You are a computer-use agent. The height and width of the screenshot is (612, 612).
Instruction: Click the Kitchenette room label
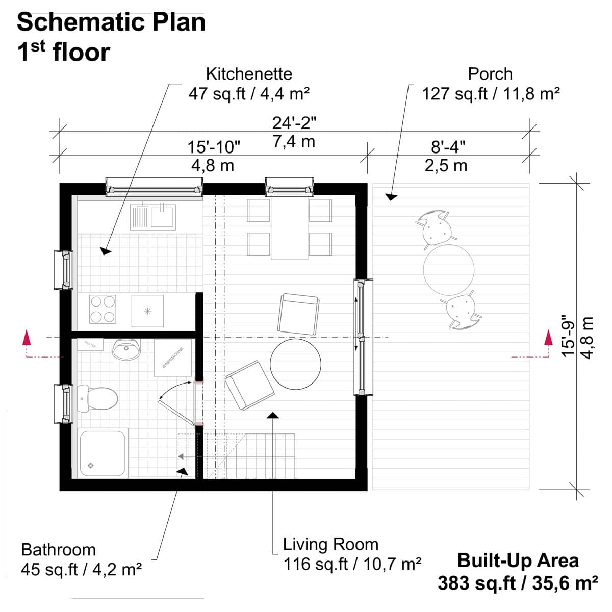pos(249,74)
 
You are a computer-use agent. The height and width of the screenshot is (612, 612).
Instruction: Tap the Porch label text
pos(490,74)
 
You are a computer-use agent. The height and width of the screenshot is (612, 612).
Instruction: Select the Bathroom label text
pos(59,550)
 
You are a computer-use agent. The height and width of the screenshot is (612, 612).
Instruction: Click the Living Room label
pos(330,545)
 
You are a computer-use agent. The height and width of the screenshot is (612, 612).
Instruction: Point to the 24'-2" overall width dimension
pos(294,123)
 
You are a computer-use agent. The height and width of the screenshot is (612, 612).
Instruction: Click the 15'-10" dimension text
pos(213,148)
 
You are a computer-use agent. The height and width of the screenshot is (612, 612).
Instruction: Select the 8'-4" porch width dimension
pos(448,147)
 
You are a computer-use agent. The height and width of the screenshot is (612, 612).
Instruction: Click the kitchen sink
pos(152,217)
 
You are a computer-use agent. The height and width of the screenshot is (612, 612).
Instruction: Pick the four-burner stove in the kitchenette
pos(102,309)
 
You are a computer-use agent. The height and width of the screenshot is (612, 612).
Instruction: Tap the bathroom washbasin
pos(125,350)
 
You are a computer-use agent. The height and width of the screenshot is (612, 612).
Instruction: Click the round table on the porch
pos(449,270)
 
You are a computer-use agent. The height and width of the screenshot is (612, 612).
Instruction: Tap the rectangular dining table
pos(290,227)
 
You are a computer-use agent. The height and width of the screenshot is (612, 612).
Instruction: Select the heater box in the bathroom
pos(90,344)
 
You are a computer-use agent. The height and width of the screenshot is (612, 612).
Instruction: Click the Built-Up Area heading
pos(518,560)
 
